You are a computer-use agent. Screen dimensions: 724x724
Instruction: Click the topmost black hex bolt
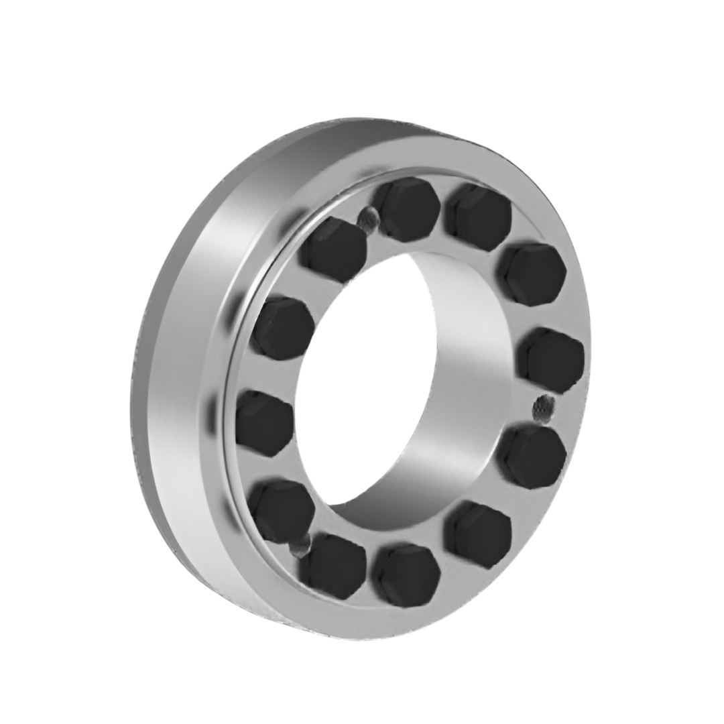[408, 209]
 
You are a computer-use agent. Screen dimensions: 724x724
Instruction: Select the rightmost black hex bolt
[552, 359]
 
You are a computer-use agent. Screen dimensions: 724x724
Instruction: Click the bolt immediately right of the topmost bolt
[479, 217]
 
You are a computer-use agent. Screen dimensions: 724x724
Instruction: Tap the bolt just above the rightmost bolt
[532, 274]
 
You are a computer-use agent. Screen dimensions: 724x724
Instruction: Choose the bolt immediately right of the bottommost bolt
[478, 534]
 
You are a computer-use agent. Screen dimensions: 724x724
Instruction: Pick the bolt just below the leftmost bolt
[282, 509]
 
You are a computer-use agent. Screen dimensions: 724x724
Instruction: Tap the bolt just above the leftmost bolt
[282, 328]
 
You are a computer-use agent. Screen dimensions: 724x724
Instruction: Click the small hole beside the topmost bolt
[368, 217]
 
